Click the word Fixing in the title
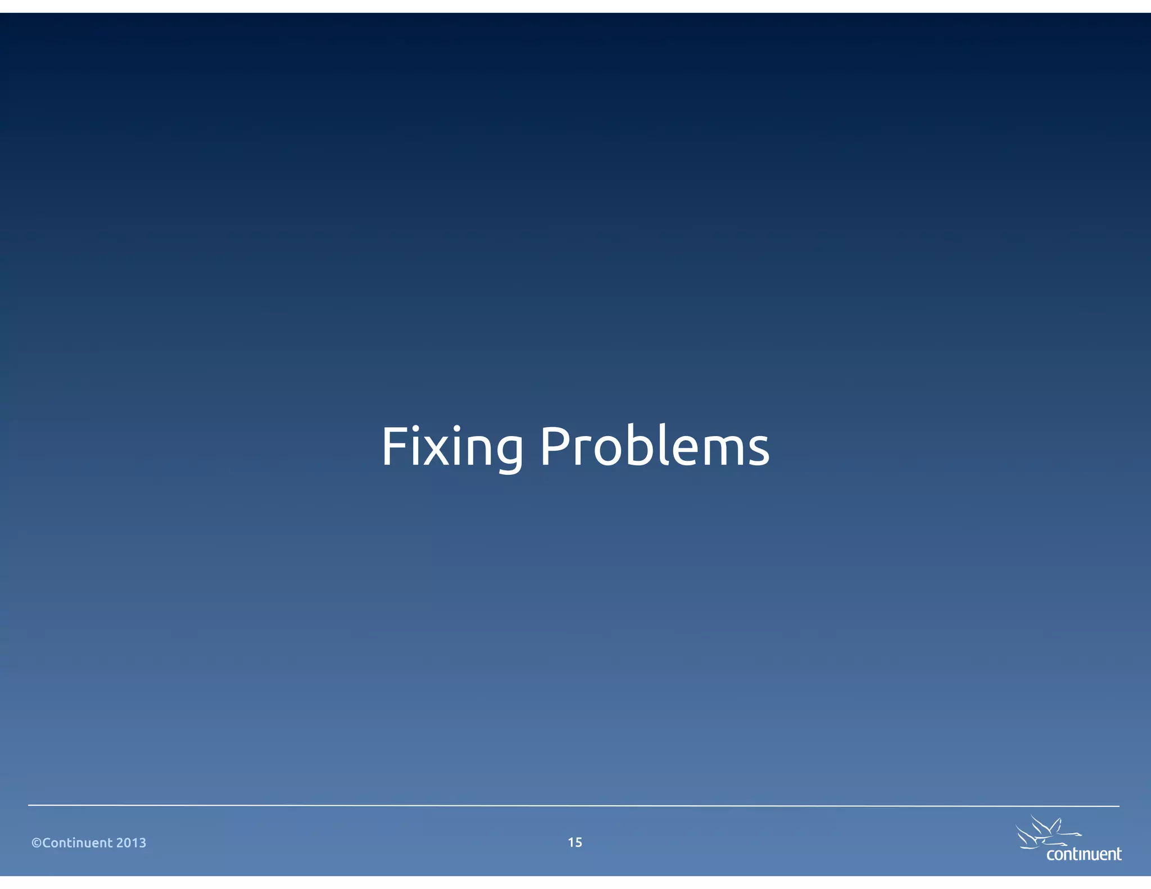(x=452, y=448)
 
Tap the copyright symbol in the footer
(x=37, y=843)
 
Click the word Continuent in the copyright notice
(x=78, y=843)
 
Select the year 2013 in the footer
(x=131, y=843)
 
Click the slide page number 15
(x=575, y=842)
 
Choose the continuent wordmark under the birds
(x=1084, y=855)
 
